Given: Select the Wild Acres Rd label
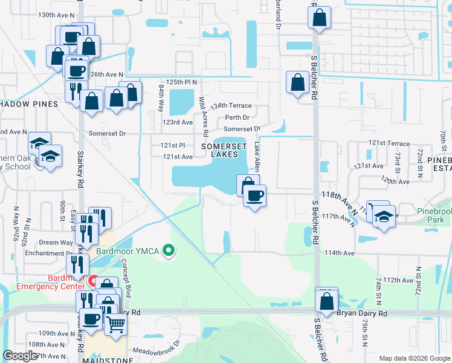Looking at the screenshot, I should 204,116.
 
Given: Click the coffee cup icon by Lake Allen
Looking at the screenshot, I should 254,195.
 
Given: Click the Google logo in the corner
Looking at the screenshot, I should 20,356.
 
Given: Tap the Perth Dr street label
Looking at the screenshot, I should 236,118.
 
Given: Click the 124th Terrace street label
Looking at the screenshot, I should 232,106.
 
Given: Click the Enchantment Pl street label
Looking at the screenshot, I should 42,253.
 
